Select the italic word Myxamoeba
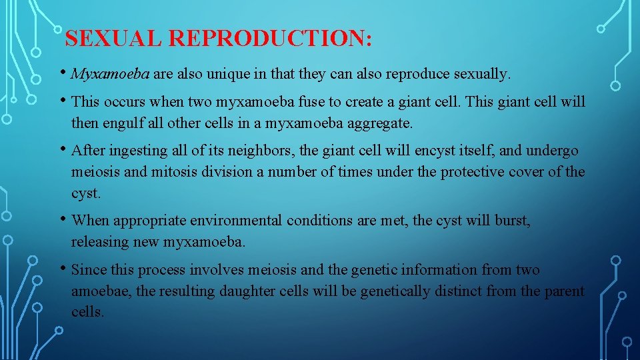pyautogui.click(x=110, y=74)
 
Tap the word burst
pyautogui.click(x=511, y=221)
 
